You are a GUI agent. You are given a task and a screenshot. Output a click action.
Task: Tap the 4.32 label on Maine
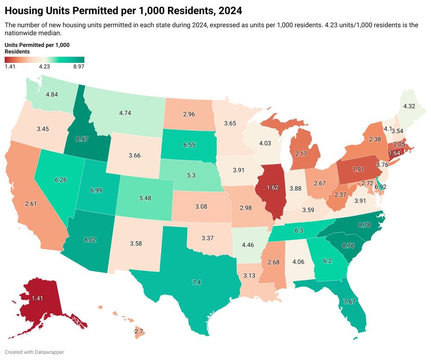point(409,106)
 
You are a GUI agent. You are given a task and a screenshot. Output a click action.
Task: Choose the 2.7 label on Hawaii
point(139,332)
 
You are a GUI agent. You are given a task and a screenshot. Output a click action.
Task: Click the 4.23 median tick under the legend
point(44,66)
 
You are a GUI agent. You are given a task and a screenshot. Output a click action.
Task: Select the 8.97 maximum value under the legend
point(78,66)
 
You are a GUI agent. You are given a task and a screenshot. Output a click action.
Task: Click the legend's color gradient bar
point(44,59)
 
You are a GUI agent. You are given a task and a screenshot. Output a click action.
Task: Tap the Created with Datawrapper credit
point(35,352)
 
